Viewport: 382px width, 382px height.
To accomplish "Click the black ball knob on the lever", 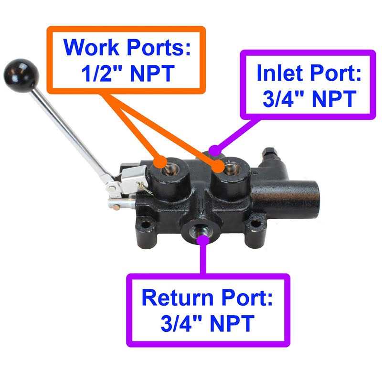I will (21, 72).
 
